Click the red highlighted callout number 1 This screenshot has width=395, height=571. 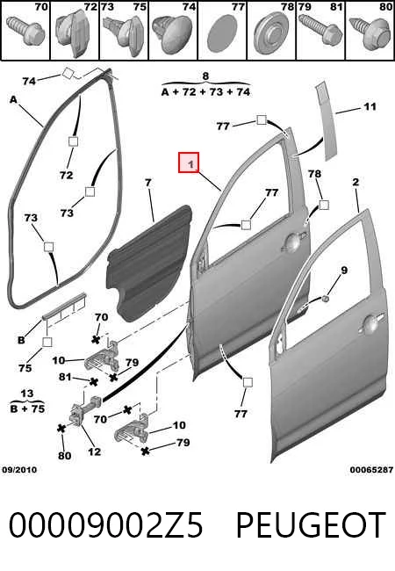(x=189, y=163)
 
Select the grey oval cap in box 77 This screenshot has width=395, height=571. (x=222, y=33)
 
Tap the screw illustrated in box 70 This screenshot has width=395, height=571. (x=25, y=30)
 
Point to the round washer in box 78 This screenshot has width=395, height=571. (x=271, y=34)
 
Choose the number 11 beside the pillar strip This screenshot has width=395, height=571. (x=370, y=106)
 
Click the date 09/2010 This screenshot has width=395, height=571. (x=19, y=470)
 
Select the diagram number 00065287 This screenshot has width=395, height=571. (x=371, y=470)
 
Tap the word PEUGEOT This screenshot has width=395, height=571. (x=311, y=524)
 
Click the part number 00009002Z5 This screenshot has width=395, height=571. (x=105, y=524)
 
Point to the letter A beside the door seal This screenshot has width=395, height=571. (x=13, y=99)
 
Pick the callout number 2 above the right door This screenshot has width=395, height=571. (x=355, y=182)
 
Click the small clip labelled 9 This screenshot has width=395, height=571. (x=325, y=299)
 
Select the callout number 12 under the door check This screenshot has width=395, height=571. (x=94, y=452)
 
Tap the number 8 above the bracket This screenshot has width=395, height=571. (x=205, y=76)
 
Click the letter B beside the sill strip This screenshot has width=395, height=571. (x=21, y=340)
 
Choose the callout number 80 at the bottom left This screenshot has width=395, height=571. (x=64, y=456)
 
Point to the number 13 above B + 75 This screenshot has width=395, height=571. (x=27, y=394)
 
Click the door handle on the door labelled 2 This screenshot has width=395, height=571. (x=371, y=323)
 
